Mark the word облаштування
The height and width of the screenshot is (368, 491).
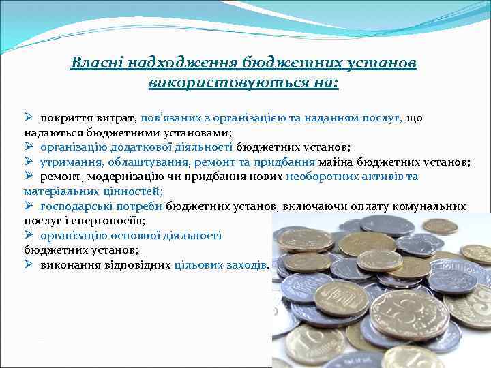point(148,162)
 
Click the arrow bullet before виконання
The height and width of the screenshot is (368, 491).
point(29,265)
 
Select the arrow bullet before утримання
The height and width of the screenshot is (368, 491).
point(29,162)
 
